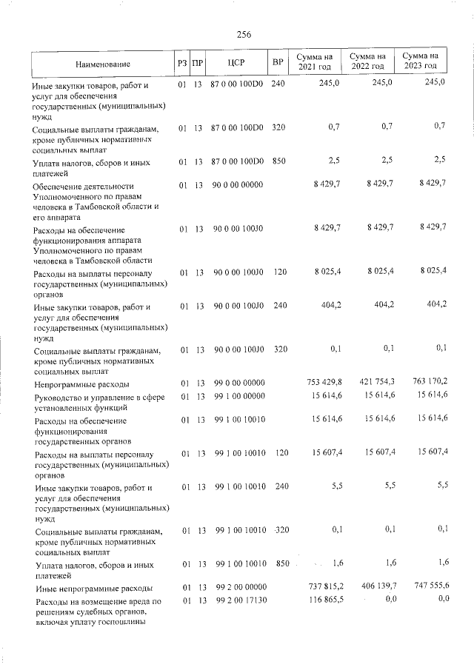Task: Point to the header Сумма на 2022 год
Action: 367,62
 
